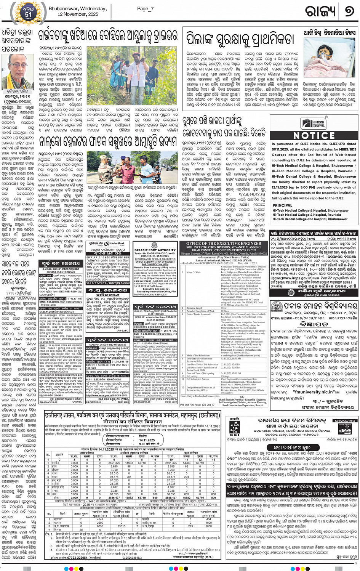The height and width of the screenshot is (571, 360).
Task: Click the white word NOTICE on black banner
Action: (314, 136)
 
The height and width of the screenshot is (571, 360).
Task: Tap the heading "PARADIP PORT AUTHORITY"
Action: (155, 250)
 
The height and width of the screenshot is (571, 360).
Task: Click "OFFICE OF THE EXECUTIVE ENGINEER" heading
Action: (224, 243)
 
